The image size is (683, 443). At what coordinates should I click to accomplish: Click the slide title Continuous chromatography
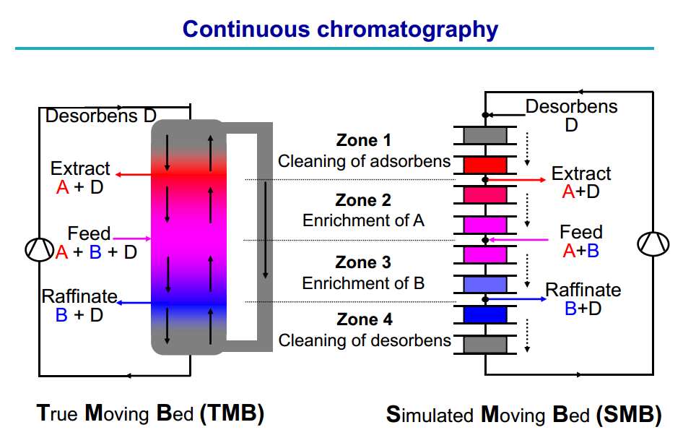pyautogui.click(x=340, y=30)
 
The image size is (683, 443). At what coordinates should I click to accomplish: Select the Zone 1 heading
pyautogui.click(x=364, y=140)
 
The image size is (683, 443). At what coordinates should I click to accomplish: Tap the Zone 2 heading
pyautogui.click(x=363, y=200)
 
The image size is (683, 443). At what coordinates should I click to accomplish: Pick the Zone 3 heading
pyautogui.click(x=363, y=262)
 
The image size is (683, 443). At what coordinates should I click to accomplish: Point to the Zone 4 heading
pyautogui.click(x=365, y=319)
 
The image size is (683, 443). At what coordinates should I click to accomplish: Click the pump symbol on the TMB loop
pyautogui.click(x=39, y=250)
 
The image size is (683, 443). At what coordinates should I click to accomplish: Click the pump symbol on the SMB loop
pyautogui.click(x=653, y=244)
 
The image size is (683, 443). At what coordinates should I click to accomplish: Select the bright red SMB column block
pyautogui.click(x=485, y=165)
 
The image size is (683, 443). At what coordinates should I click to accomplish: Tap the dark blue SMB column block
pyautogui.click(x=485, y=314)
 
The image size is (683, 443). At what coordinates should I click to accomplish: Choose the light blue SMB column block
pyautogui.click(x=485, y=285)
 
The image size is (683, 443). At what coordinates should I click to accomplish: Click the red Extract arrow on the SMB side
pyautogui.click(x=515, y=180)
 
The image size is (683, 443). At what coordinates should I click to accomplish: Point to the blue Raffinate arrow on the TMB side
pyautogui.click(x=134, y=303)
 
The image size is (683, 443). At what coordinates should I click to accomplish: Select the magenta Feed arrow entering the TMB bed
pyautogui.click(x=132, y=238)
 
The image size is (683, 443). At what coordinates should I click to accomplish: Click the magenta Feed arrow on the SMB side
pyautogui.click(x=518, y=239)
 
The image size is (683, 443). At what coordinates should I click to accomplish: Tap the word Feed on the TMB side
pyautogui.click(x=89, y=233)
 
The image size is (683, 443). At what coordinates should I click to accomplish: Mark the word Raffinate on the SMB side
pyautogui.click(x=583, y=290)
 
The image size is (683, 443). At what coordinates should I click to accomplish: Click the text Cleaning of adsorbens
pyautogui.click(x=364, y=161)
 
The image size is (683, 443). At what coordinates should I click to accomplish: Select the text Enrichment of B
pyautogui.click(x=363, y=283)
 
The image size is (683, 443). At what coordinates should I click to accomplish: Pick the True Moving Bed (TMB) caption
pyautogui.click(x=150, y=413)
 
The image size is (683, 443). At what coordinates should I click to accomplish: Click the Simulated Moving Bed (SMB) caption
pyautogui.click(x=523, y=415)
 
